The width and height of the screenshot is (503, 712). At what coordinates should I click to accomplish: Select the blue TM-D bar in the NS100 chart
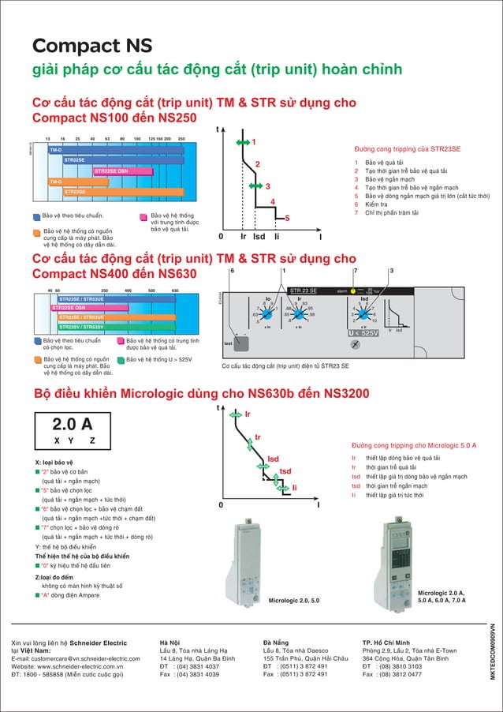click(110, 149)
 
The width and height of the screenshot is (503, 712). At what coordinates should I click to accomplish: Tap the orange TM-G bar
click(110, 182)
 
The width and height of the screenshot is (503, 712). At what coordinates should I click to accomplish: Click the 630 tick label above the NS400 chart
click(175, 291)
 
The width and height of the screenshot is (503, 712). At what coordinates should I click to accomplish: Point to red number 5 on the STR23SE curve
click(287, 218)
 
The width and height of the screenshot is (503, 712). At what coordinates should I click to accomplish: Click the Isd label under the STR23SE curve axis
click(259, 236)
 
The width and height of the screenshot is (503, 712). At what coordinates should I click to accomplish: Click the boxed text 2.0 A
click(73, 423)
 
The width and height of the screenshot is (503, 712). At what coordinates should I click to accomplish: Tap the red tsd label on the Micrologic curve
click(285, 471)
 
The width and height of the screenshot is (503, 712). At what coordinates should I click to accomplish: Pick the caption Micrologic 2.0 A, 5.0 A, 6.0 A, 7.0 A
click(441, 596)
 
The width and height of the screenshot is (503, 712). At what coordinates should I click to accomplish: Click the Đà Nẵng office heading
click(277, 643)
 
